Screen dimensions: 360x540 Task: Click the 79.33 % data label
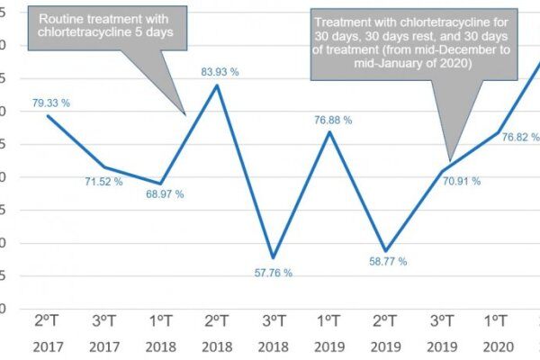[x=50, y=103]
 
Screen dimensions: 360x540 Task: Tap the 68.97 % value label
[x=166, y=194]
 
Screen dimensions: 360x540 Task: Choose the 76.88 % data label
[x=334, y=119]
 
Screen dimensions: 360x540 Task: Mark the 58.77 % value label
[x=388, y=261]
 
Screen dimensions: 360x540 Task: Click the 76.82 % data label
[x=520, y=137]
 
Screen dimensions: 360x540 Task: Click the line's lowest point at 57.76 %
[x=273, y=257]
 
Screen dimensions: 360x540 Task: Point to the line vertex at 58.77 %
[x=386, y=251]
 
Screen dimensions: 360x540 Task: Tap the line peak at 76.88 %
[x=329, y=132]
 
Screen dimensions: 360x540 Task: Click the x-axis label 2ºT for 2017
[x=49, y=321]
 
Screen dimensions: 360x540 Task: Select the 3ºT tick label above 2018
[x=274, y=321]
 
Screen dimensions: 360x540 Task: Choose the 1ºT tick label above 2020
[x=498, y=321]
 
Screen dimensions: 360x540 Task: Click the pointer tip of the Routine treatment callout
[x=186, y=114]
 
